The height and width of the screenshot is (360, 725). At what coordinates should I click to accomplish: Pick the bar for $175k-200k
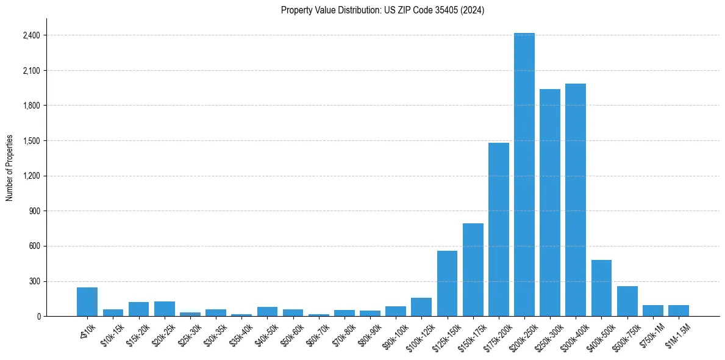coord(498,229)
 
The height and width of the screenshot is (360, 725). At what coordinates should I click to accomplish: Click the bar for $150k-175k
coord(473,270)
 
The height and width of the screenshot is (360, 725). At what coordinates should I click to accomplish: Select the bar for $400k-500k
coord(601,288)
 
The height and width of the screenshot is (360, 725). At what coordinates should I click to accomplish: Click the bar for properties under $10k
coord(87,302)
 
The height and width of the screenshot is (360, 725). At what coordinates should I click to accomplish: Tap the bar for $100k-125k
coord(421,307)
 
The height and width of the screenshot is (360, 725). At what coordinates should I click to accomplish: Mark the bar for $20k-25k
coord(164,309)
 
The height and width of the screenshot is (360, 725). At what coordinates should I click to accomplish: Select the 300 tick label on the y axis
coord(34,282)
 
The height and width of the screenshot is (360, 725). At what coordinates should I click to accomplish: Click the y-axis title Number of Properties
coord(10,168)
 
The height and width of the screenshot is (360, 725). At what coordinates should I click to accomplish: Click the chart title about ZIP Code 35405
coord(382,10)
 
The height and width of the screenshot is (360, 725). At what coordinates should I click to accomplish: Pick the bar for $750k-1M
coord(653,311)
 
